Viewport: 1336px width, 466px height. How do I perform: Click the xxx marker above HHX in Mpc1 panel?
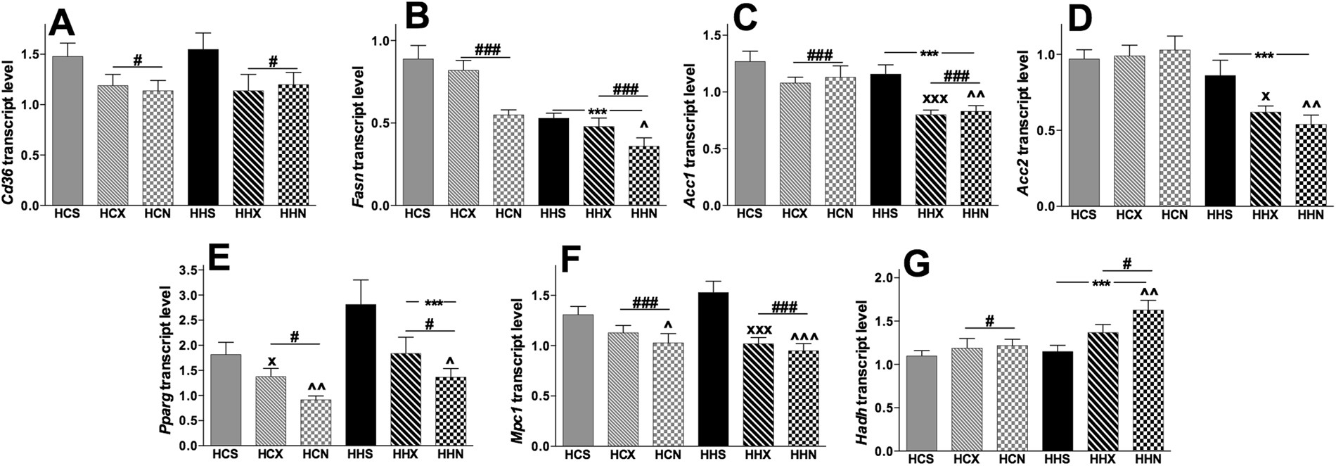tap(759, 329)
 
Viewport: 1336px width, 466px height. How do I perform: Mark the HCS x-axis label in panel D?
tap(1083, 215)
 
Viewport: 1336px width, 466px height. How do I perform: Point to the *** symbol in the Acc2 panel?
tap(1264, 55)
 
